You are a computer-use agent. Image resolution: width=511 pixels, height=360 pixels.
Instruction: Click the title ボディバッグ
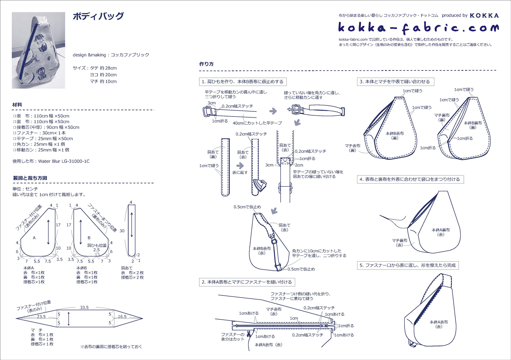point(98,16)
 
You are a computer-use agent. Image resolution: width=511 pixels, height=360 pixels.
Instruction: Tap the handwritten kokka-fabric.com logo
point(418,28)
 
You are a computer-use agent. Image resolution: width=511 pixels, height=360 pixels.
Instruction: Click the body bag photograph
point(38,50)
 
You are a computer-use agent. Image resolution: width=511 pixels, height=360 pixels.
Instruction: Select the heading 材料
point(17,105)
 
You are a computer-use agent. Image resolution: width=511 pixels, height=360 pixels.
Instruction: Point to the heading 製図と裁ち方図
point(30,178)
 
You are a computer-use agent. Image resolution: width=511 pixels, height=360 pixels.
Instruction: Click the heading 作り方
point(207,64)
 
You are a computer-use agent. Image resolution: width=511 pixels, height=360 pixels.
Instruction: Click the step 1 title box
point(243,82)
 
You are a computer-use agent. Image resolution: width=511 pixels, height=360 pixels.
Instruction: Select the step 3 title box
point(395,82)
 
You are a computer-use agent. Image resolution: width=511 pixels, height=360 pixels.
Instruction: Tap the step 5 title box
point(408,265)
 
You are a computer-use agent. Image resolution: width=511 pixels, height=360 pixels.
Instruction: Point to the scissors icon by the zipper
point(249,334)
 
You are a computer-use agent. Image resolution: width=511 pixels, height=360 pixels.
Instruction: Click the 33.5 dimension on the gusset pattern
point(84,307)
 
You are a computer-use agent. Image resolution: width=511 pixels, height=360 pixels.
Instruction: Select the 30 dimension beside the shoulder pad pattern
point(122,231)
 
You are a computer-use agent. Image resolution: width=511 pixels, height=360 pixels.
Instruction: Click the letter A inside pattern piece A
point(34,238)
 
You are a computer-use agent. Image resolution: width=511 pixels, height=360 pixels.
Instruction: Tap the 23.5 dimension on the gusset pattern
point(41,316)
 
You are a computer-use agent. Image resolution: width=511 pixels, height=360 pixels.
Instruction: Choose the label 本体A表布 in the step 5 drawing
point(439,324)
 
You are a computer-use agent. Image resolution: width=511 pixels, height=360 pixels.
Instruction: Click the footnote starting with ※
point(111,346)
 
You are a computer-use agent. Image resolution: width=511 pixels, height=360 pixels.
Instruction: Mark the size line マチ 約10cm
point(103,81)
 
